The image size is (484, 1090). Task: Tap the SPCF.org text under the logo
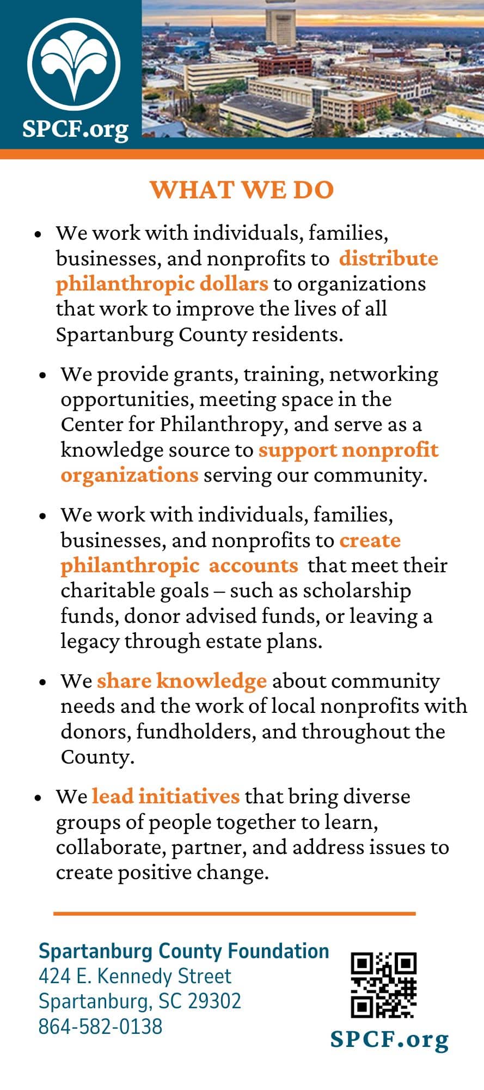click(x=76, y=129)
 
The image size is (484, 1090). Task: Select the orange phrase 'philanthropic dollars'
click(x=162, y=284)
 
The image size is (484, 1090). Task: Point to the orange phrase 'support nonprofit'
click(x=348, y=450)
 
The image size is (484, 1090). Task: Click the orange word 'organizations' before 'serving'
click(x=129, y=475)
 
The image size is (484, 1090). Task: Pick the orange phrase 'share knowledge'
click(x=182, y=681)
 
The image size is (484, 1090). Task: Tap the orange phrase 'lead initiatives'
click(x=166, y=797)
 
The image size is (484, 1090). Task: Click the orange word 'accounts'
click(x=254, y=566)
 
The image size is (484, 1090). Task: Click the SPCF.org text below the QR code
click(x=389, y=1040)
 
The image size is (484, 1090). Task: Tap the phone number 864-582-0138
click(x=100, y=1027)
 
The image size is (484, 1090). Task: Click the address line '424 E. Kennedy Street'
click(x=135, y=976)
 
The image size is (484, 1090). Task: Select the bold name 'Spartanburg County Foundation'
click(x=183, y=951)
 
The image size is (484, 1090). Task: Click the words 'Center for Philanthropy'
click(x=172, y=425)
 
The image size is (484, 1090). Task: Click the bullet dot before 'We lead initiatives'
click(x=38, y=798)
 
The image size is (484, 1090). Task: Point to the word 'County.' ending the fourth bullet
click(x=97, y=757)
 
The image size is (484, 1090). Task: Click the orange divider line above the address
click(x=234, y=913)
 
